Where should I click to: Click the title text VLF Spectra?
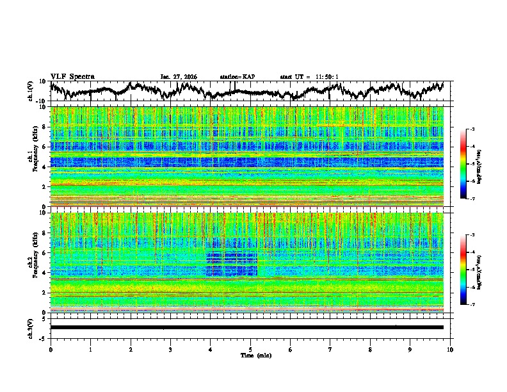[x=72, y=76]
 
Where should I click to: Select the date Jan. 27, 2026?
[x=179, y=77]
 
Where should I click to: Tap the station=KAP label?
[x=237, y=77]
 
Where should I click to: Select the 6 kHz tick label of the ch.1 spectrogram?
[x=45, y=147]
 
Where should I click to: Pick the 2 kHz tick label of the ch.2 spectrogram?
[x=45, y=292]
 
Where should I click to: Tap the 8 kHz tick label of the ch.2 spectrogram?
[x=45, y=233]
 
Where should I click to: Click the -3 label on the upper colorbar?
[x=471, y=129]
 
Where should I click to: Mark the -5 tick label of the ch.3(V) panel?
[x=44, y=337]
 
